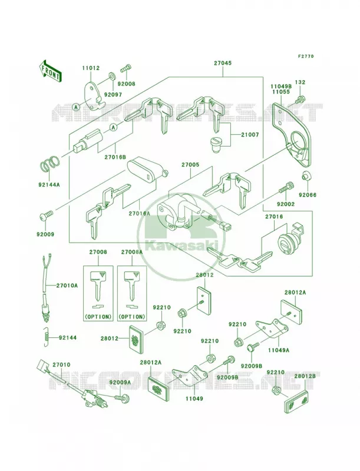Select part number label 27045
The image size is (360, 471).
click(x=223, y=64)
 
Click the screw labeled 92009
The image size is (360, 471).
click(x=47, y=215)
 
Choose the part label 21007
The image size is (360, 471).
click(x=250, y=135)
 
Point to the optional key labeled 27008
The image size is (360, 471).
click(x=98, y=286)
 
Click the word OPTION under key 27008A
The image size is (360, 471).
click(x=131, y=317)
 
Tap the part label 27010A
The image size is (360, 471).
click(x=67, y=286)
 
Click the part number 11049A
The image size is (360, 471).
click(x=279, y=350)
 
